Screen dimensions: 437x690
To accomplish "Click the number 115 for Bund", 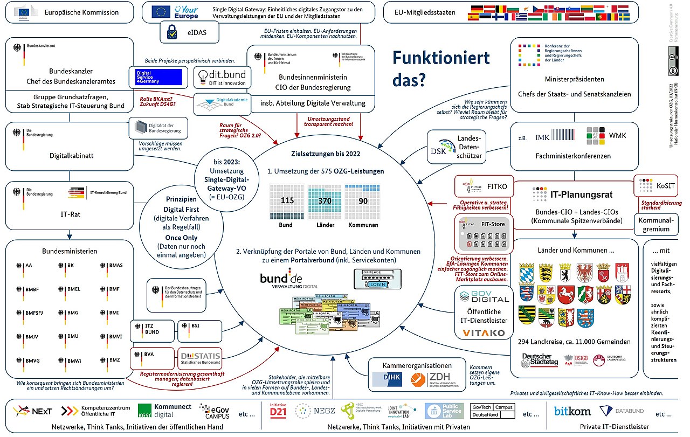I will [x=287, y=200].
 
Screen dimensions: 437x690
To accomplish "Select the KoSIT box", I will [x=655, y=186].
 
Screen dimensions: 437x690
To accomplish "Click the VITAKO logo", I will [x=484, y=332].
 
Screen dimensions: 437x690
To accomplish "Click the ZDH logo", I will [x=432, y=380].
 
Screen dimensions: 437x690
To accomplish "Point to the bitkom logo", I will [x=572, y=412].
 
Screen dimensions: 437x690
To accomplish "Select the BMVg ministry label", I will [x=33, y=360].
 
